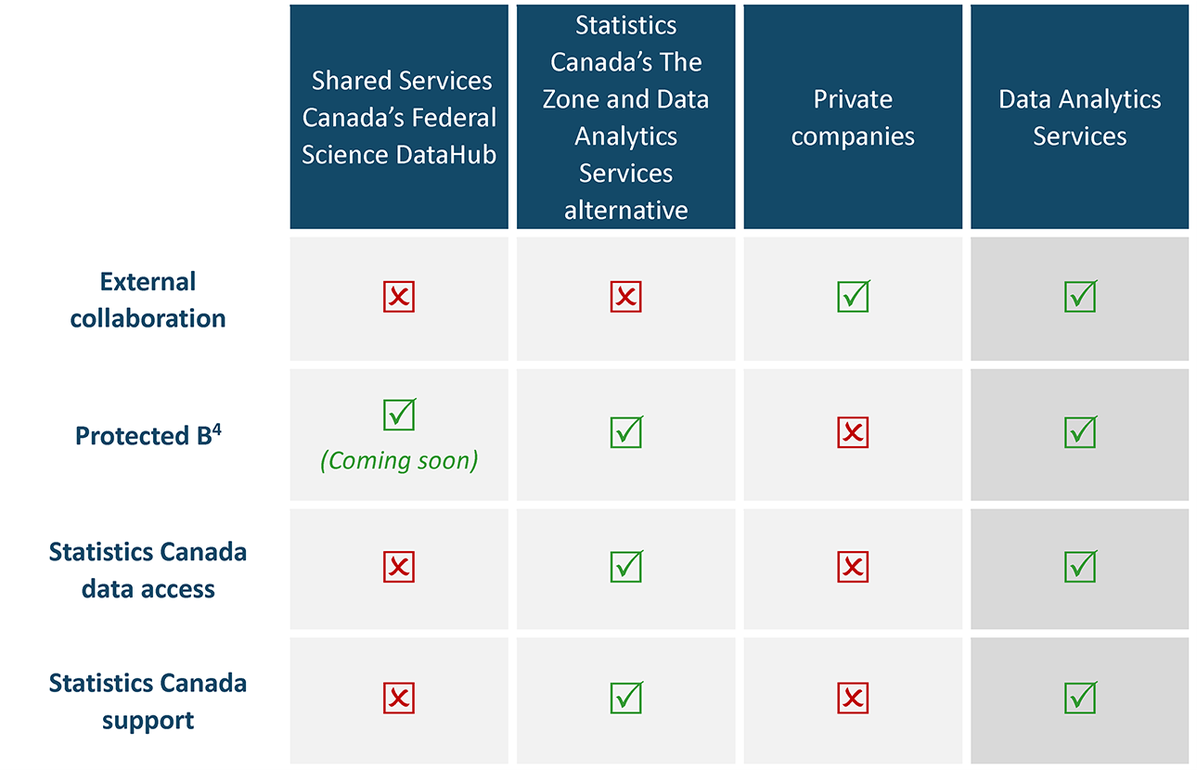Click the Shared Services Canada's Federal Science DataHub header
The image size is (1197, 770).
pos(399,118)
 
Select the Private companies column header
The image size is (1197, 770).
pos(853,118)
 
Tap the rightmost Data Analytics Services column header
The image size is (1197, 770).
pos(1079,118)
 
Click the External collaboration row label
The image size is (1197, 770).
pos(148,300)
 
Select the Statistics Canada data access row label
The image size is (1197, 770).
pos(148,570)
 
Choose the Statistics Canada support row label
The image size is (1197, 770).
pos(148,701)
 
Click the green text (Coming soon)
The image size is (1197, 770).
pos(399,461)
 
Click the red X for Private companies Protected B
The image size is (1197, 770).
pos(853,431)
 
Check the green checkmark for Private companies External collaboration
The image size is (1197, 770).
pos(853,297)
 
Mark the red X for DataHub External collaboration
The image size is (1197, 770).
pos(399,297)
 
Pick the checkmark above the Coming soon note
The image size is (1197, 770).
pos(399,415)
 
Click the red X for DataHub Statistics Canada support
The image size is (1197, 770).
pos(399,698)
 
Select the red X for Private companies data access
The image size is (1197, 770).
pos(853,567)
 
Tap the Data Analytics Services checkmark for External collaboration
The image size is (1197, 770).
pos(1079,297)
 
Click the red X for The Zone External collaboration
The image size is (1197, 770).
pos(626,297)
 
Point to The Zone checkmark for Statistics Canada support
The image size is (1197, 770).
pos(626,698)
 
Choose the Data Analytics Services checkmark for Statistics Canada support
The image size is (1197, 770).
pos(1079,698)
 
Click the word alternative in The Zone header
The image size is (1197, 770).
pos(626,210)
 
